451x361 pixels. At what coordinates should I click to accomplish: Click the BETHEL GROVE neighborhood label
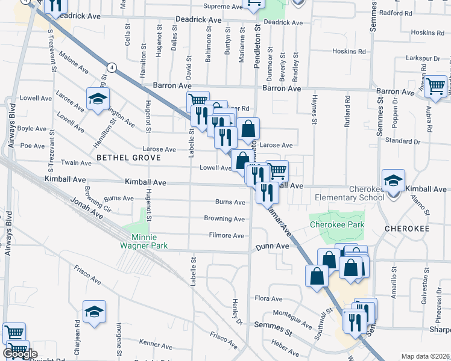[128, 158]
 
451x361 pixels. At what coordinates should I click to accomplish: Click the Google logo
[20, 354]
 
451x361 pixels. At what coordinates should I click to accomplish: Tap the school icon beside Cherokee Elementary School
[393, 180]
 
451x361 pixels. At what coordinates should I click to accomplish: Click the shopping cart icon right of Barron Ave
[435, 86]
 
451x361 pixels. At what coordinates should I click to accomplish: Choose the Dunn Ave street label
[273, 246]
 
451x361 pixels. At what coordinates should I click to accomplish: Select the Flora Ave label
[268, 298]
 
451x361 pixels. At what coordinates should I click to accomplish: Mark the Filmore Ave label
[227, 235]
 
